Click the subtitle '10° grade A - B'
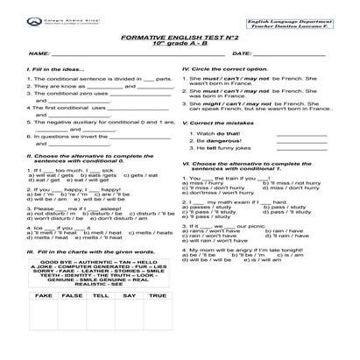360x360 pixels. (180, 47)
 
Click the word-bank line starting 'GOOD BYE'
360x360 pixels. (98, 262)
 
